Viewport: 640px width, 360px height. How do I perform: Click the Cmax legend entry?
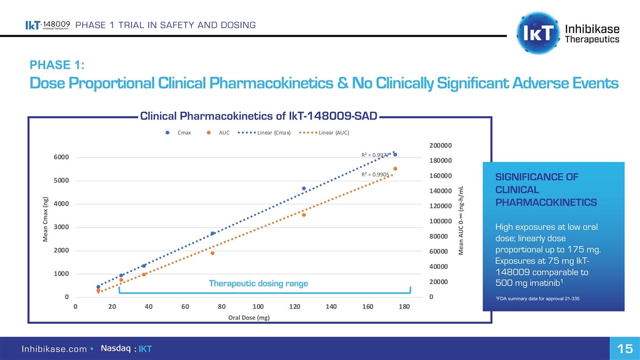pyautogui.click(x=180, y=133)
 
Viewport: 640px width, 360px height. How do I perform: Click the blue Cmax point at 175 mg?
pyautogui.click(x=395, y=155)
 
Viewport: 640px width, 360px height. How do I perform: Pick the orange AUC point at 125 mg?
pyautogui.click(x=304, y=215)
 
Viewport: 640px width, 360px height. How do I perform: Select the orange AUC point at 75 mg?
pyautogui.click(x=212, y=253)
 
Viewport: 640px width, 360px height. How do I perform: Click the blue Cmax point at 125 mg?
pyautogui.click(x=304, y=188)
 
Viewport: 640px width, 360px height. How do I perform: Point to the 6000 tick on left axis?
pyautogui.click(x=60, y=157)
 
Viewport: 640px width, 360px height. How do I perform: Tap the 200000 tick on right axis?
pyautogui.click(x=441, y=146)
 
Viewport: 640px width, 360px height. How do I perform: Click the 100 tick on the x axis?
pyautogui.click(x=258, y=307)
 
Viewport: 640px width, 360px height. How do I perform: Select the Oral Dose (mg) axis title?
pyautogui.click(x=249, y=318)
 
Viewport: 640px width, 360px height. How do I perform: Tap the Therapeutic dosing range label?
pyautogui.click(x=258, y=283)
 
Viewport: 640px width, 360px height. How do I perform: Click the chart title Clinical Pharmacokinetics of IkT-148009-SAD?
pyautogui.click(x=258, y=116)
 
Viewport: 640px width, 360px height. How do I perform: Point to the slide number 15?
pyautogui.click(x=625, y=349)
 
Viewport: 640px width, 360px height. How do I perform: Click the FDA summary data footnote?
pyautogui.click(x=537, y=298)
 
